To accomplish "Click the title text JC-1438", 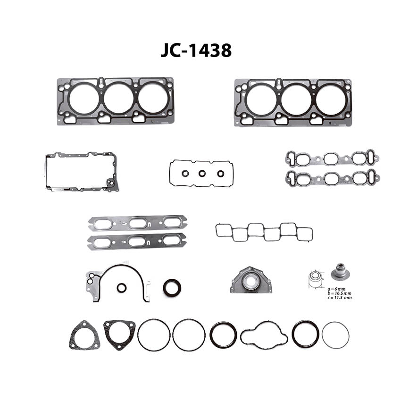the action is pos(196,50).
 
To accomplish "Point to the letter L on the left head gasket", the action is pos(152,121).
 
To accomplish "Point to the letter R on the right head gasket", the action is pos(330,123).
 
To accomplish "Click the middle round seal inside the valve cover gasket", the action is pos(202,174).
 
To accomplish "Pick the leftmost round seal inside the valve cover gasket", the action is pos(185,174).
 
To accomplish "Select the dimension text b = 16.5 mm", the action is pos(339,293).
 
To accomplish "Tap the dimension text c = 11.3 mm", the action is pos(339,297).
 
